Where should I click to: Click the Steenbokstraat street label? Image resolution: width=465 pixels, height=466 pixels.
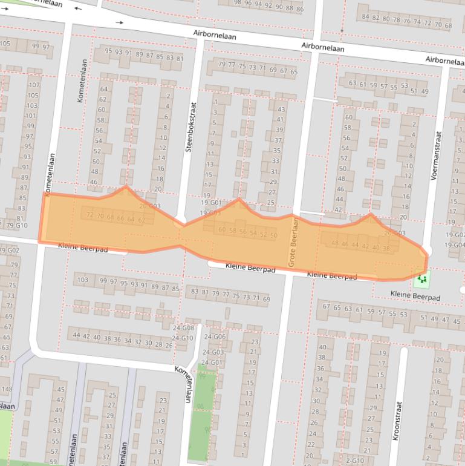[189, 126]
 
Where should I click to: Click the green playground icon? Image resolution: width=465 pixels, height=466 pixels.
[421, 279]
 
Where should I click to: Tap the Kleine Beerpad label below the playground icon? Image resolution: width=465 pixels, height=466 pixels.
[415, 297]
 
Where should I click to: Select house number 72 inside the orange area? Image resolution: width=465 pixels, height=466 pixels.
[90, 215]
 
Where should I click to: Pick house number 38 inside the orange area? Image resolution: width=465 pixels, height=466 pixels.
[386, 248]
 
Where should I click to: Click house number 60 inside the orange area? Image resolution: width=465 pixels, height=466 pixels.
[222, 230]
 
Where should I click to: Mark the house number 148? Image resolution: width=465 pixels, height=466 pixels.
[6, 389]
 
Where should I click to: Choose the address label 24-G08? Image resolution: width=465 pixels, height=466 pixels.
[183, 328]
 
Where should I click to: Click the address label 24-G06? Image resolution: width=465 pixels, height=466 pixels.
[215, 336]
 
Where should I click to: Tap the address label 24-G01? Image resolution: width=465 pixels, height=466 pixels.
[212, 363]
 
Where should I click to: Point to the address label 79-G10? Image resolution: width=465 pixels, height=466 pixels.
[16, 226]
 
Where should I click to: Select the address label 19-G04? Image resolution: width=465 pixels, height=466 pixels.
[455, 245]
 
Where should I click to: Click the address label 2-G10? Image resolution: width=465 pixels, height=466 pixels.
[355, 461]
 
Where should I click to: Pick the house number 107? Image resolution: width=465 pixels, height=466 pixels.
[34, 85]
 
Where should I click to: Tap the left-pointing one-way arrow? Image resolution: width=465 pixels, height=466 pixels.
[78, 9]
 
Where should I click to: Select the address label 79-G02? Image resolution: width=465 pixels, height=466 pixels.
[9, 249]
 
